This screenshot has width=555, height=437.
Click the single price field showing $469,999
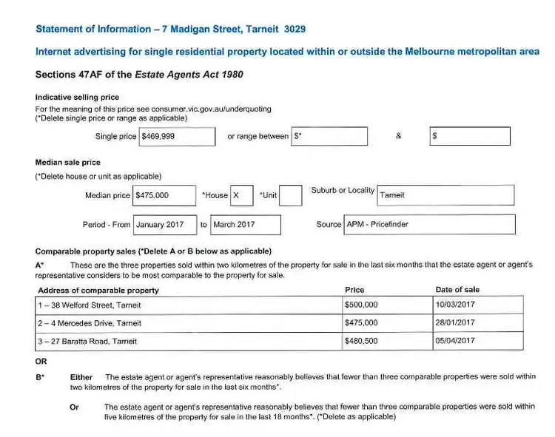pyautogui.click(x=177, y=137)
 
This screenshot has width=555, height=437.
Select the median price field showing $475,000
pyautogui.click(x=164, y=195)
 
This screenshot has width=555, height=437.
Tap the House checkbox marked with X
pyautogui.click(x=241, y=195)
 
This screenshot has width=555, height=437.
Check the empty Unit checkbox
pyautogui.click(x=290, y=195)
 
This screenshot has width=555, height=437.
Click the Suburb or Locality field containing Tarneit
pyautogui.click(x=445, y=195)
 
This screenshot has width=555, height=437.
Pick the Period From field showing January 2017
pyautogui.click(x=165, y=225)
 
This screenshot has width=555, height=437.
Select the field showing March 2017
pyautogui.click(x=246, y=225)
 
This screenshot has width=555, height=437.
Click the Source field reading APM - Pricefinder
pyautogui.click(x=429, y=225)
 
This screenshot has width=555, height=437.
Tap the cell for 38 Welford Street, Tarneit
pyautogui.click(x=189, y=305)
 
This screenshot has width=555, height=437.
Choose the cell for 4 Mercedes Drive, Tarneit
pyautogui.click(x=189, y=323)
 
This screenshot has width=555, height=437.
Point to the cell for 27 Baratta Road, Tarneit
pyautogui.click(x=189, y=341)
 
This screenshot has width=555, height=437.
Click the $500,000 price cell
pyautogui.click(x=388, y=305)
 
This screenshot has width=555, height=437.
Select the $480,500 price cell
pyautogui.click(x=388, y=341)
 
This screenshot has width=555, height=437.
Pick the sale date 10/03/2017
pyautogui.click(x=478, y=305)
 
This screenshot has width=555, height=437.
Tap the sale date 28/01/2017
pyautogui.click(x=478, y=323)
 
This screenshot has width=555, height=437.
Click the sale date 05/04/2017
pyautogui.click(x=478, y=341)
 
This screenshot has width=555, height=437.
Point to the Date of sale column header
pyautogui.click(x=457, y=290)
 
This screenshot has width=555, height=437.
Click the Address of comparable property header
pyautogui.click(x=98, y=291)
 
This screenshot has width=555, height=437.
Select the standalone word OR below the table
pyautogui.click(x=41, y=362)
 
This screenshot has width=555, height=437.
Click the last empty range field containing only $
pyautogui.click(x=469, y=137)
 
